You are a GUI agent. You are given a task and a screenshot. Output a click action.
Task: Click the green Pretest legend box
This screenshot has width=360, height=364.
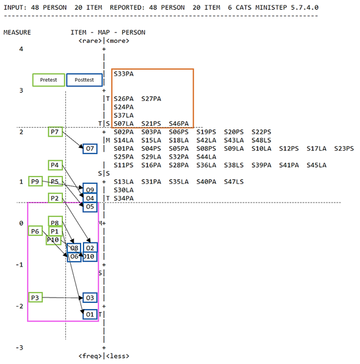pyautogui.click(x=48, y=80)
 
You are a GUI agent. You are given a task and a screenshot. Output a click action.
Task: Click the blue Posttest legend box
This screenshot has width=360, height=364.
pyautogui.click(x=84, y=80)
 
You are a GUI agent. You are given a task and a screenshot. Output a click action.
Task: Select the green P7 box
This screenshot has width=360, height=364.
pyautogui.click(x=55, y=132)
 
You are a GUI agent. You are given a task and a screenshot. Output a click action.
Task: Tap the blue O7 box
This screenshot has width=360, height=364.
pyautogui.click(x=90, y=149)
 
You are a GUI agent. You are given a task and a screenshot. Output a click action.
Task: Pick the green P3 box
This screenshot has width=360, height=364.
pyautogui.click(x=35, y=297)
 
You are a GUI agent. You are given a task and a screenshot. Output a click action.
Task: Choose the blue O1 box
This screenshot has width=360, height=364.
pyautogui.click(x=90, y=314)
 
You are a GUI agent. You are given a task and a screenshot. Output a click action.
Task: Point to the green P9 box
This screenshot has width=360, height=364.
pyautogui.click(x=35, y=181)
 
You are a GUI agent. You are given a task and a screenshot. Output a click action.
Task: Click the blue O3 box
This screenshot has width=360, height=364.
pyautogui.click(x=90, y=297)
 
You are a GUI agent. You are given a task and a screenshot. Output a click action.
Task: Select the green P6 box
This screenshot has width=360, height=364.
pyautogui.click(x=35, y=231)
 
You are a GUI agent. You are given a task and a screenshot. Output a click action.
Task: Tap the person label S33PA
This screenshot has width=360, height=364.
pyautogui.click(x=123, y=74)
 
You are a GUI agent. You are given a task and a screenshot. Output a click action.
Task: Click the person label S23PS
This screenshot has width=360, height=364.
pyautogui.click(x=344, y=149)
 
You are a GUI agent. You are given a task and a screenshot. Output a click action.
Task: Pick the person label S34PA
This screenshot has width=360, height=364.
pyautogui.click(x=123, y=198)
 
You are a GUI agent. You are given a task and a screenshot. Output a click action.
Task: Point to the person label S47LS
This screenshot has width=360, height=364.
pyautogui.click(x=234, y=182)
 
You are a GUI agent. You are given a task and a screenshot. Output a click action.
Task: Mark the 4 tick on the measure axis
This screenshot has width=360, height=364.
pyautogui.click(x=21, y=49)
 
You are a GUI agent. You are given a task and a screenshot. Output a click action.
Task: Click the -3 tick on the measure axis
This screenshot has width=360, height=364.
pyautogui.click(x=19, y=348)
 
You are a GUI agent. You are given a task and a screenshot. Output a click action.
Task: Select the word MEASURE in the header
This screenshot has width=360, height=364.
pyautogui.click(x=17, y=32)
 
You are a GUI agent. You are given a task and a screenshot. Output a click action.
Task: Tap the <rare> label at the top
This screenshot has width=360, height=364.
pyautogui.click(x=90, y=41)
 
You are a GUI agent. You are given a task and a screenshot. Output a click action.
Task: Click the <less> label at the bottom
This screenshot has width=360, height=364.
pyautogui.click(x=117, y=356)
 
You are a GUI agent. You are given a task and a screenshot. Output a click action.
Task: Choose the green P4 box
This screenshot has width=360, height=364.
pyautogui.click(x=55, y=165)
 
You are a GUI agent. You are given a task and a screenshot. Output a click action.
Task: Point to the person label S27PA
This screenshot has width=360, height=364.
pyautogui.click(x=151, y=99)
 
